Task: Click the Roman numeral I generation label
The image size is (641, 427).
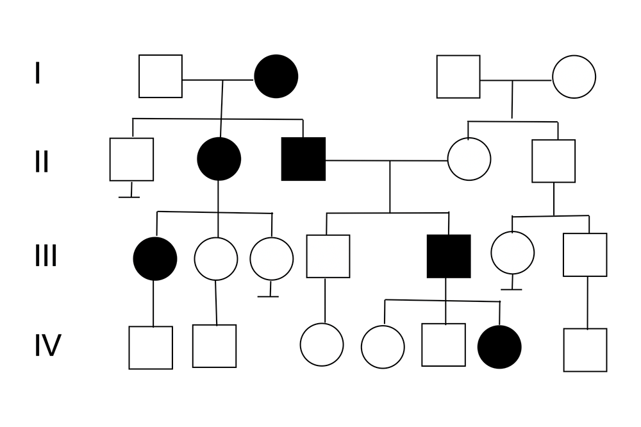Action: coord(37,74)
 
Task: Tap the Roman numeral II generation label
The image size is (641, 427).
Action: coord(42,162)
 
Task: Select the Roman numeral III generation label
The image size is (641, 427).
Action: coord(46,255)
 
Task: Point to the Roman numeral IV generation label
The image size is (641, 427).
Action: coord(47,346)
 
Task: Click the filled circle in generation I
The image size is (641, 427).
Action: coord(276,76)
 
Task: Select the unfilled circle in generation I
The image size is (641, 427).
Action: coord(574,76)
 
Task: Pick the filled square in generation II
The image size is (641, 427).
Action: coord(303,159)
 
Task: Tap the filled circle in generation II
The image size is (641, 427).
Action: coord(219,159)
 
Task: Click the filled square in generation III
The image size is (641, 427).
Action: coord(449,256)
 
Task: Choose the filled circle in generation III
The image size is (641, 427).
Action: coord(155,258)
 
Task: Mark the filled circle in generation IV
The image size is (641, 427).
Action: coord(499,347)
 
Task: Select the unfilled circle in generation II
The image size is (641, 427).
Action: coord(469,159)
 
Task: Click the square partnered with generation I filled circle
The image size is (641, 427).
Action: coord(160,76)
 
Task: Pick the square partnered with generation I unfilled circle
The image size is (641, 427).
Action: coord(458,76)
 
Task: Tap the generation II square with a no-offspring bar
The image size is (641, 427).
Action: coord(131,159)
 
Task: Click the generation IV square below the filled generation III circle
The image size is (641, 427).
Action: coord(151,347)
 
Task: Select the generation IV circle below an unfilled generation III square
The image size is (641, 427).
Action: coord(322,345)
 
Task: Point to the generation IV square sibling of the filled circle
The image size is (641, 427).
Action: coord(444,345)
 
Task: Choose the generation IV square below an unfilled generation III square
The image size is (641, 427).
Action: coord(585,350)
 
